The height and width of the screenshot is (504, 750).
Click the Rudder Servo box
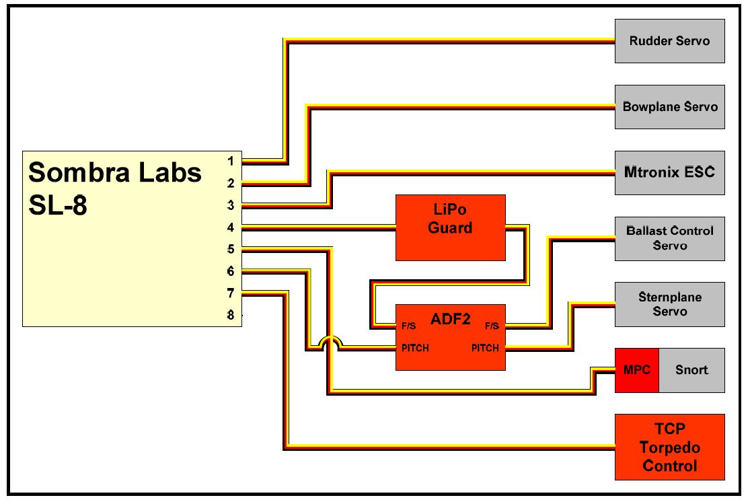click(x=669, y=41)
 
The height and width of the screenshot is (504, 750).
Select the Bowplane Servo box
click(x=669, y=107)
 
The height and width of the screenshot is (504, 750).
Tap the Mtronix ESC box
click(x=669, y=172)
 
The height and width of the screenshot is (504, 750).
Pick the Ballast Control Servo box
click(x=669, y=238)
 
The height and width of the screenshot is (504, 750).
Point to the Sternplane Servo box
click(x=669, y=304)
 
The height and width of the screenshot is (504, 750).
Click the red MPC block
click(x=636, y=370)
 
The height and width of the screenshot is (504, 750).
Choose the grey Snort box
click(x=691, y=370)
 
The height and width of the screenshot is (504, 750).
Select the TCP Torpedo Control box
click(x=669, y=447)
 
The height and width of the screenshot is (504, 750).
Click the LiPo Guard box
click(x=450, y=227)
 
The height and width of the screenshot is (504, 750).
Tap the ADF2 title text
click(x=450, y=319)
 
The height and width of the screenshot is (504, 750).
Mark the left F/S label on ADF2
click(x=408, y=326)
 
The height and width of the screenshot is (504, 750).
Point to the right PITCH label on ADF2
click(x=485, y=348)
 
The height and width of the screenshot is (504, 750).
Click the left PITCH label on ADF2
click(x=415, y=348)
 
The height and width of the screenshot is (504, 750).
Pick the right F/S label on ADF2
click(x=492, y=326)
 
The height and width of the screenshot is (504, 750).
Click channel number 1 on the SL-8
click(x=231, y=161)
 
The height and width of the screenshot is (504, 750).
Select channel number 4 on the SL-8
click(x=231, y=227)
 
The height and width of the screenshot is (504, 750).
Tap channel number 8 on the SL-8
click(x=231, y=315)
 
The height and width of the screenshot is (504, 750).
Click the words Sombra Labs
click(x=115, y=173)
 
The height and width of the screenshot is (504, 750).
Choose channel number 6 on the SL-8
click(x=231, y=271)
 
